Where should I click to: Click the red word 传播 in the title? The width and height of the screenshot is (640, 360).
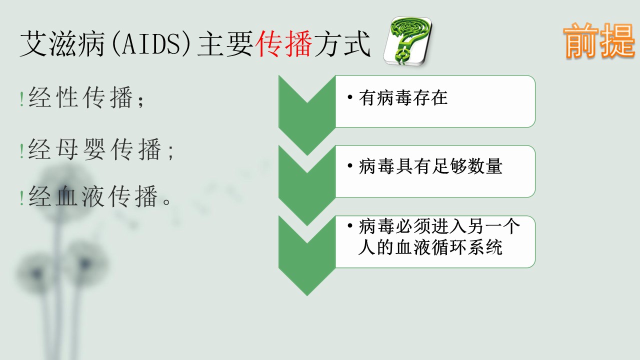[x=283, y=43]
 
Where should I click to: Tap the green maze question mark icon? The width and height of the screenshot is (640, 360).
[x=407, y=41]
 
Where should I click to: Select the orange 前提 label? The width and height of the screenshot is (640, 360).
[x=599, y=40]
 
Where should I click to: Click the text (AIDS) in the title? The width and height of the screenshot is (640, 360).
[x=151, y=43]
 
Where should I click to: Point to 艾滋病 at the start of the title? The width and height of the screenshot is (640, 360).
[x=62, y=43]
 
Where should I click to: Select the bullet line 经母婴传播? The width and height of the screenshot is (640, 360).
[x=100, y=149]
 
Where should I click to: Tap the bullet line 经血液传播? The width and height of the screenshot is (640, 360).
[x=99, y=196]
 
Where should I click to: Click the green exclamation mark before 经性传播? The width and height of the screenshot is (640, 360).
[x=22, y=99]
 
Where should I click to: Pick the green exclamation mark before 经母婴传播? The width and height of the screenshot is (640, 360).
[x=22, y=151]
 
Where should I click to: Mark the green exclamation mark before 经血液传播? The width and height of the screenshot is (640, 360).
[x=22, y=198]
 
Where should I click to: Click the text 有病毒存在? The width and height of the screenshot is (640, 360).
[x=403, y=97]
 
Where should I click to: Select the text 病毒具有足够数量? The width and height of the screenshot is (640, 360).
[x=430, y=166]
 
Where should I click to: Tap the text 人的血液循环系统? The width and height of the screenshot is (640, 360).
[x=430, y=247]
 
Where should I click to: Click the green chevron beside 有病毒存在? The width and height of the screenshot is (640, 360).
[x=307, y=115]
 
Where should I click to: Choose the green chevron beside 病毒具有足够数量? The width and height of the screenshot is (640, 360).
[x=307, y=185]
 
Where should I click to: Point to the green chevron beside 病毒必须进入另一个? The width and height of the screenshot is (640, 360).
[x=307, y=255]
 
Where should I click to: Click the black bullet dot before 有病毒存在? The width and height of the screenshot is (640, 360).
[x=350, y=97]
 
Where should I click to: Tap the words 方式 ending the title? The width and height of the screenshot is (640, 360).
[x=342, y=43]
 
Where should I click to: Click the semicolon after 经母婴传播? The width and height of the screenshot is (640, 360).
[x=171, y=151]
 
